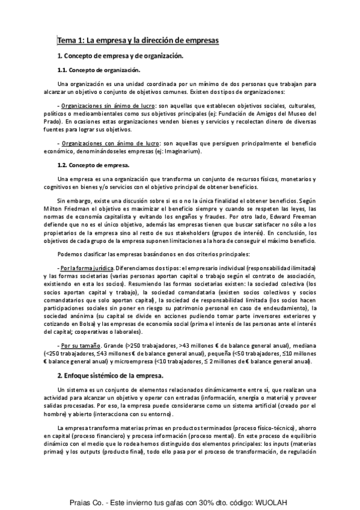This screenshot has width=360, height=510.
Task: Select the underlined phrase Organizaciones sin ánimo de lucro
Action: [x=105, y=106]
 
